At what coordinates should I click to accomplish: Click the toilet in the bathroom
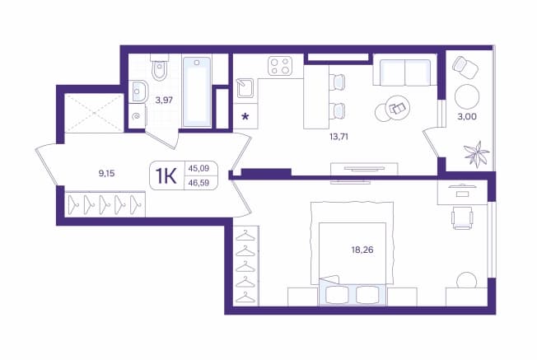point(160,68)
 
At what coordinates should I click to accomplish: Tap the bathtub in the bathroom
point(197,91)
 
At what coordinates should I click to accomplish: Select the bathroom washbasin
point(138,91)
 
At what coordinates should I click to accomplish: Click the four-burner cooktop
point(280,66)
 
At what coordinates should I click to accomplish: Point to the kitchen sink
point(245,88)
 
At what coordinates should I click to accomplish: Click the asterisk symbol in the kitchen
point(245,117)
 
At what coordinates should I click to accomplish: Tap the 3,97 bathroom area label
point(164,101)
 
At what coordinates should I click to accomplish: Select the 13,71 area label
point(339,137)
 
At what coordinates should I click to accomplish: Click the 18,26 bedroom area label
point(362,250)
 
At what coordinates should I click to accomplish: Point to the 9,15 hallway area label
point(106,173)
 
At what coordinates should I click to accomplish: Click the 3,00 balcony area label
point(467,116)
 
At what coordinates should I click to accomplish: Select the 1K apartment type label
point(166,176)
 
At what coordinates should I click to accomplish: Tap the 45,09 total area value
point(198,168)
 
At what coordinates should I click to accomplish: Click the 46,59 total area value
point(198,183)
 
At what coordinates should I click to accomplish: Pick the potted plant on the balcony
point(477,154)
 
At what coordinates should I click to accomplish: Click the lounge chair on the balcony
point(465,67)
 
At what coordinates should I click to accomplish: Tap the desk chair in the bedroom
point(462,217)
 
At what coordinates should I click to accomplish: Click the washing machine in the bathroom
point(137,117)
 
